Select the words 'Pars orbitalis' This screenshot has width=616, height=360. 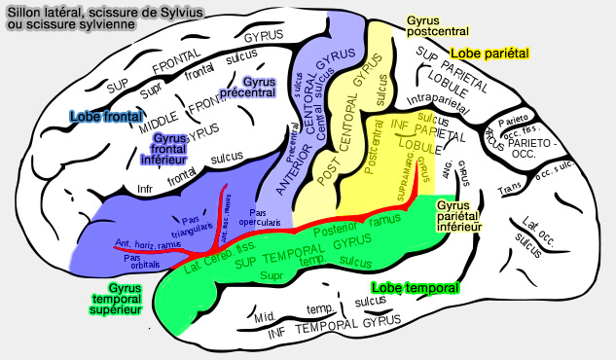coord(142,261)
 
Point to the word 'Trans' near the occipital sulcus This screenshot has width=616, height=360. coord(509,187)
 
